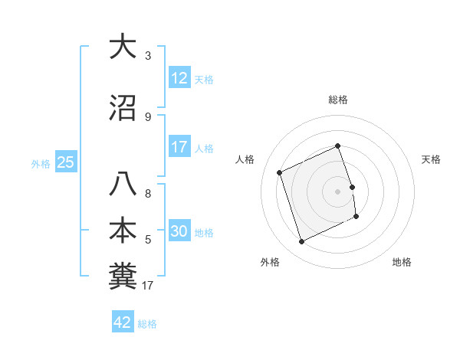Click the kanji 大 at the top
tap(123, 47)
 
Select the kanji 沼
tap(123, 108)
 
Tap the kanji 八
tap(123, 185)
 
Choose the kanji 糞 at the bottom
tap(123, 277)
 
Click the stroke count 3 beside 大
tap(148, 56)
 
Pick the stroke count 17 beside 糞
tap(149, 286)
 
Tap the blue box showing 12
tap(179, 78)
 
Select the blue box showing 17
tap(179, 147)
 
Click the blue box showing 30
tap(179, 231)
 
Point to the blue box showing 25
tap(65, 162)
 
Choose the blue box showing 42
tap(123, 322)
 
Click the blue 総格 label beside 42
tap(147, 324)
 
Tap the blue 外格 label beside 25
tap(41, 163)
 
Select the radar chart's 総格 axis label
tap(338, 100)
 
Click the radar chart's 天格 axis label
tap(432, 159)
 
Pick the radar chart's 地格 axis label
tap(402, 262)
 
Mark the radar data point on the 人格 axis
tap(280, 172)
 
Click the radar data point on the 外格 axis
tap(302, 242)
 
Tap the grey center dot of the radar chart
tap(338, 191)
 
